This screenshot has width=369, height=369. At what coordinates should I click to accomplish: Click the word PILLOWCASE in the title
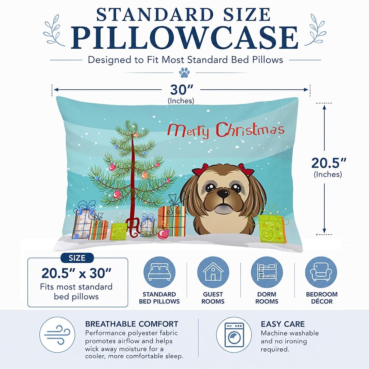pyautogui.click(x=184, y=37)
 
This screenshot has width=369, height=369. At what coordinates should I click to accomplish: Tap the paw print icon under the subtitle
pyautogui.click(x=184, y=72)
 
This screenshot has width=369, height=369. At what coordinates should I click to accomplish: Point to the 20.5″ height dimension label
pyautogui.click(x=329, y=163)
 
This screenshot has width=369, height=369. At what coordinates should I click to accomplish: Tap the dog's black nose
pyautogui.click(x=223, y=194)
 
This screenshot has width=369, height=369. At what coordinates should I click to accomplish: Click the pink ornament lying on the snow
pyautogui.click(x=163, y=234)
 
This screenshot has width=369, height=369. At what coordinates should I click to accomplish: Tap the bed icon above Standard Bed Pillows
pyautogui.click(x=159, y=272)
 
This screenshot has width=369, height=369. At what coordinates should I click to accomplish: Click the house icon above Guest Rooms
pyautogui.click(x=213, y=272)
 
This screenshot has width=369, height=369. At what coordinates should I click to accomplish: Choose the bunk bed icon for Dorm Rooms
pyautogui.click(x=267, y=272)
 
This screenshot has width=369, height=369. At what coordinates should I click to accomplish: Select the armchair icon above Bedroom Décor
pyautogui.click(x=321, y=272)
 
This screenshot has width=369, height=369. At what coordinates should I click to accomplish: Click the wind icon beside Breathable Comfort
pyautogui.click(x=57, y=334)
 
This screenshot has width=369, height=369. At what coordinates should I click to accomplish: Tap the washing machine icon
pyautogui.click(x=234, y=334)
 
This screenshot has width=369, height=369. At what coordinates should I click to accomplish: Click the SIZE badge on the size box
pyautogui.click(x=77, y=258)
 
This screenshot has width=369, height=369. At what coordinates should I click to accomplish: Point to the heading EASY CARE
pyautogui.click(x=283, y=324)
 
